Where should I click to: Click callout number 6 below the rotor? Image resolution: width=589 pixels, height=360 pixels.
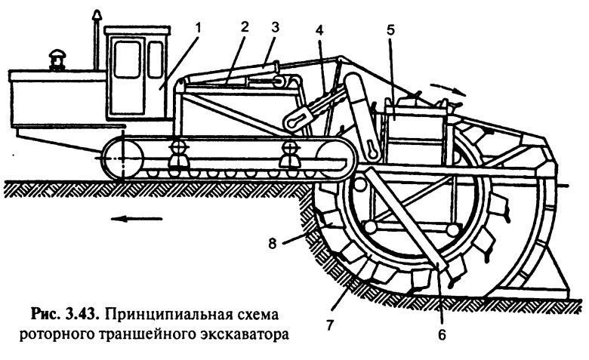443,333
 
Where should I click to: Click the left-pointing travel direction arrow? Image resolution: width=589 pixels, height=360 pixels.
137,219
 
